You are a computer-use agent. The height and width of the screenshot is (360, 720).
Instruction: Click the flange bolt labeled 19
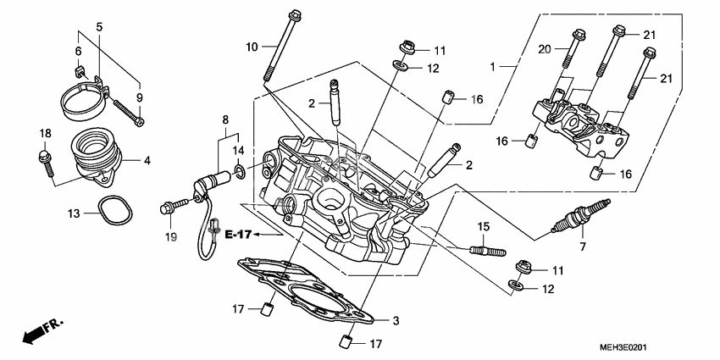(x=171, y=205)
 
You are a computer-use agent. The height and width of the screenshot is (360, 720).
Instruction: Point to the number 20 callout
(x=546, y=49)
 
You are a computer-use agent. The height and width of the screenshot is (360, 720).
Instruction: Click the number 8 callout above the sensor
(x=225, y=119)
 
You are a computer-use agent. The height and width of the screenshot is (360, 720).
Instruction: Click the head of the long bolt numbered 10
(x=293, y=14)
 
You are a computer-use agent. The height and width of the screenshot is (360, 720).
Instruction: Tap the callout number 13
(x=74, y=213)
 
